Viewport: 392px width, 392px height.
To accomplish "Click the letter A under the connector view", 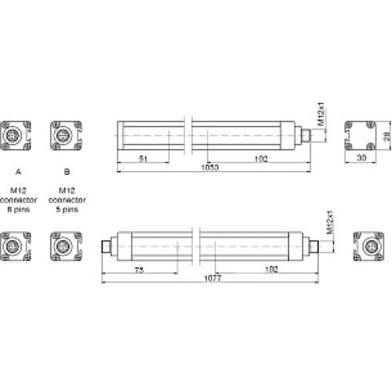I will (x=17, y=169).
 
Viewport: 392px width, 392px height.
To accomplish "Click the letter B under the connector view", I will (x=67, y=169).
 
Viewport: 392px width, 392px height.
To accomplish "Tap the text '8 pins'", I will (x=17, y=210).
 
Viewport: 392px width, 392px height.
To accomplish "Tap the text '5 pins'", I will (x=67, y=210).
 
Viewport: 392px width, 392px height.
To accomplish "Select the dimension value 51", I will (x=143, y=159).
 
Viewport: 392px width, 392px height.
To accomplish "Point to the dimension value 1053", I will (x=210, y=169).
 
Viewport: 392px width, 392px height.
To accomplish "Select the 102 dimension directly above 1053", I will (x=261, y=159).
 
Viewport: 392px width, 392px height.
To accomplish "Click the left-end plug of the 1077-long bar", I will (x=107, y=246).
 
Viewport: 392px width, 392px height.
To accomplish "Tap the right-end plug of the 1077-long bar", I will (x=315, y=246).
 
